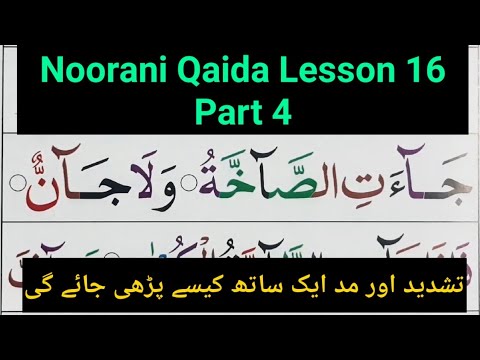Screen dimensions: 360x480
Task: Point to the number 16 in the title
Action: coord(408,72)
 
